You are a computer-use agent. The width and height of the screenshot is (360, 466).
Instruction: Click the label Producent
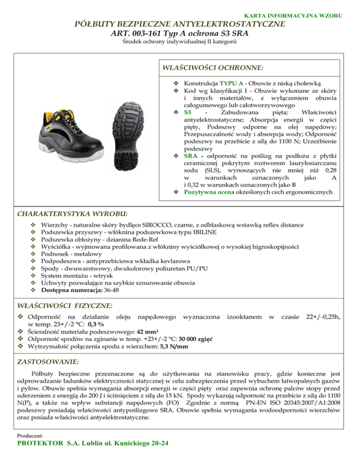(x=30, y=436)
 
